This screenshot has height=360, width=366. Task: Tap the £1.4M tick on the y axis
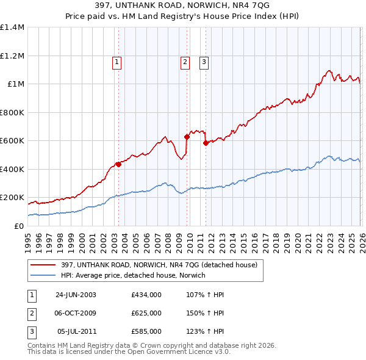click(12, 27)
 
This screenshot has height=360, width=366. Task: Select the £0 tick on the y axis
click(20, 226)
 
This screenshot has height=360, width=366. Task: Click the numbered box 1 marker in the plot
click(116, 61)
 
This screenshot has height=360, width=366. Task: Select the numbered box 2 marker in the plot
click(184, 61)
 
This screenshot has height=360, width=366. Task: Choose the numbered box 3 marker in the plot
click(203, 61)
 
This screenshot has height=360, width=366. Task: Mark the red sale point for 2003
click(118, 164)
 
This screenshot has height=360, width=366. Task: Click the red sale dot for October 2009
click(187, 137)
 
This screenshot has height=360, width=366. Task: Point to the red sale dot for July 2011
click(206, 143)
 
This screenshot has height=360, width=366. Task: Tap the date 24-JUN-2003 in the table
click(76, 294)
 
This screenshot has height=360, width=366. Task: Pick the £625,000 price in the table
click(146, 313)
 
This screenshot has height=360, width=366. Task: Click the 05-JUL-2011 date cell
click(76, 331)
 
